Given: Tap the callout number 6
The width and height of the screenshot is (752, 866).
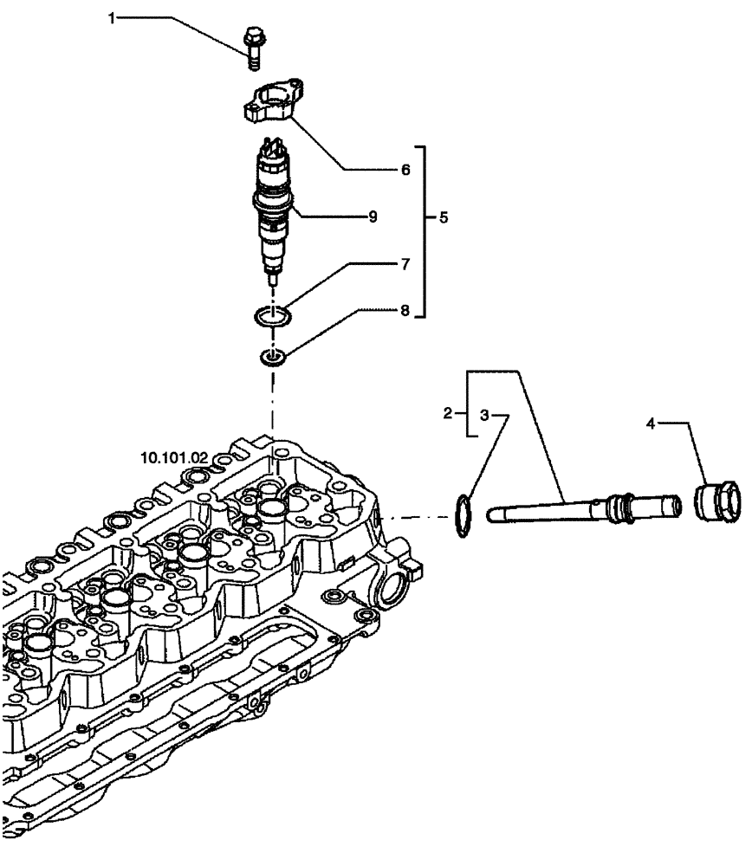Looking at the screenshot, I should [x=404, y=171].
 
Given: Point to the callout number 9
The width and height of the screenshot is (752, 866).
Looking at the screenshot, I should [x=372, y=216].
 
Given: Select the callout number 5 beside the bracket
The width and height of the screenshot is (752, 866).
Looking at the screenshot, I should [x=443, y=218].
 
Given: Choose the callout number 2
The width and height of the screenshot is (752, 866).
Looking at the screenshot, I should [x=448, y=414].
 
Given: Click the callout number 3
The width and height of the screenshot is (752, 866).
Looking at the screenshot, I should [x=485, y=416].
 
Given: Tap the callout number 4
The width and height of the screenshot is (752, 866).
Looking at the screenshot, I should [x=650, y=423].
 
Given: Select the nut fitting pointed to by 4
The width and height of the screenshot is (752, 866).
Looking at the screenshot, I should [x=718, y=502].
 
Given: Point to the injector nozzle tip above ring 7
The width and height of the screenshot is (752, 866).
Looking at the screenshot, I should [x=274, y=279].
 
